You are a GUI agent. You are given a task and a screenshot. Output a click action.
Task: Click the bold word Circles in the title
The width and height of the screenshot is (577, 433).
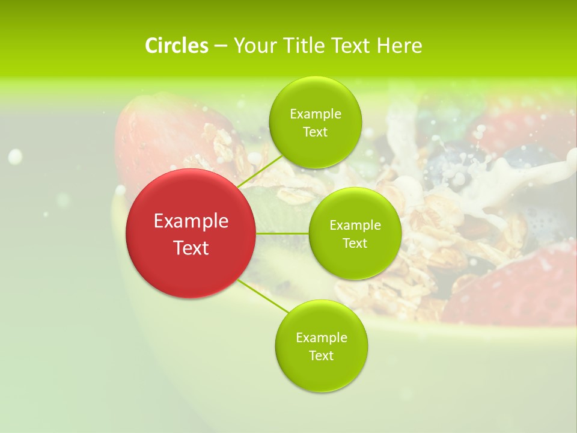coord(176,46)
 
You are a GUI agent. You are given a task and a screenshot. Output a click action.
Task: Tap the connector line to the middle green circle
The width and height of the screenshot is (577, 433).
coord(282,233)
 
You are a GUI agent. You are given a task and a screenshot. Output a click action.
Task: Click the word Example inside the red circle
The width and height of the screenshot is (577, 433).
coord(191,221)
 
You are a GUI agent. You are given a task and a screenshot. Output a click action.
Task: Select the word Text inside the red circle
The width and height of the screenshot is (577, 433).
coord(191,248)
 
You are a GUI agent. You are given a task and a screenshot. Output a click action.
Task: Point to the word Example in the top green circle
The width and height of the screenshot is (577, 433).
coord(315,114)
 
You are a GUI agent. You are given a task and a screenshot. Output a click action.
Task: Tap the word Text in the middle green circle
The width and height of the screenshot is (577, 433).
coord(355,243)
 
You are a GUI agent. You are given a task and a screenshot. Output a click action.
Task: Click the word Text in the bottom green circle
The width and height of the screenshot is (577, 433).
coord(321,355)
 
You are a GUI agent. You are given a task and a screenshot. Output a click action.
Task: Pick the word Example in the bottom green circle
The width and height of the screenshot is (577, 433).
coord(321,337)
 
